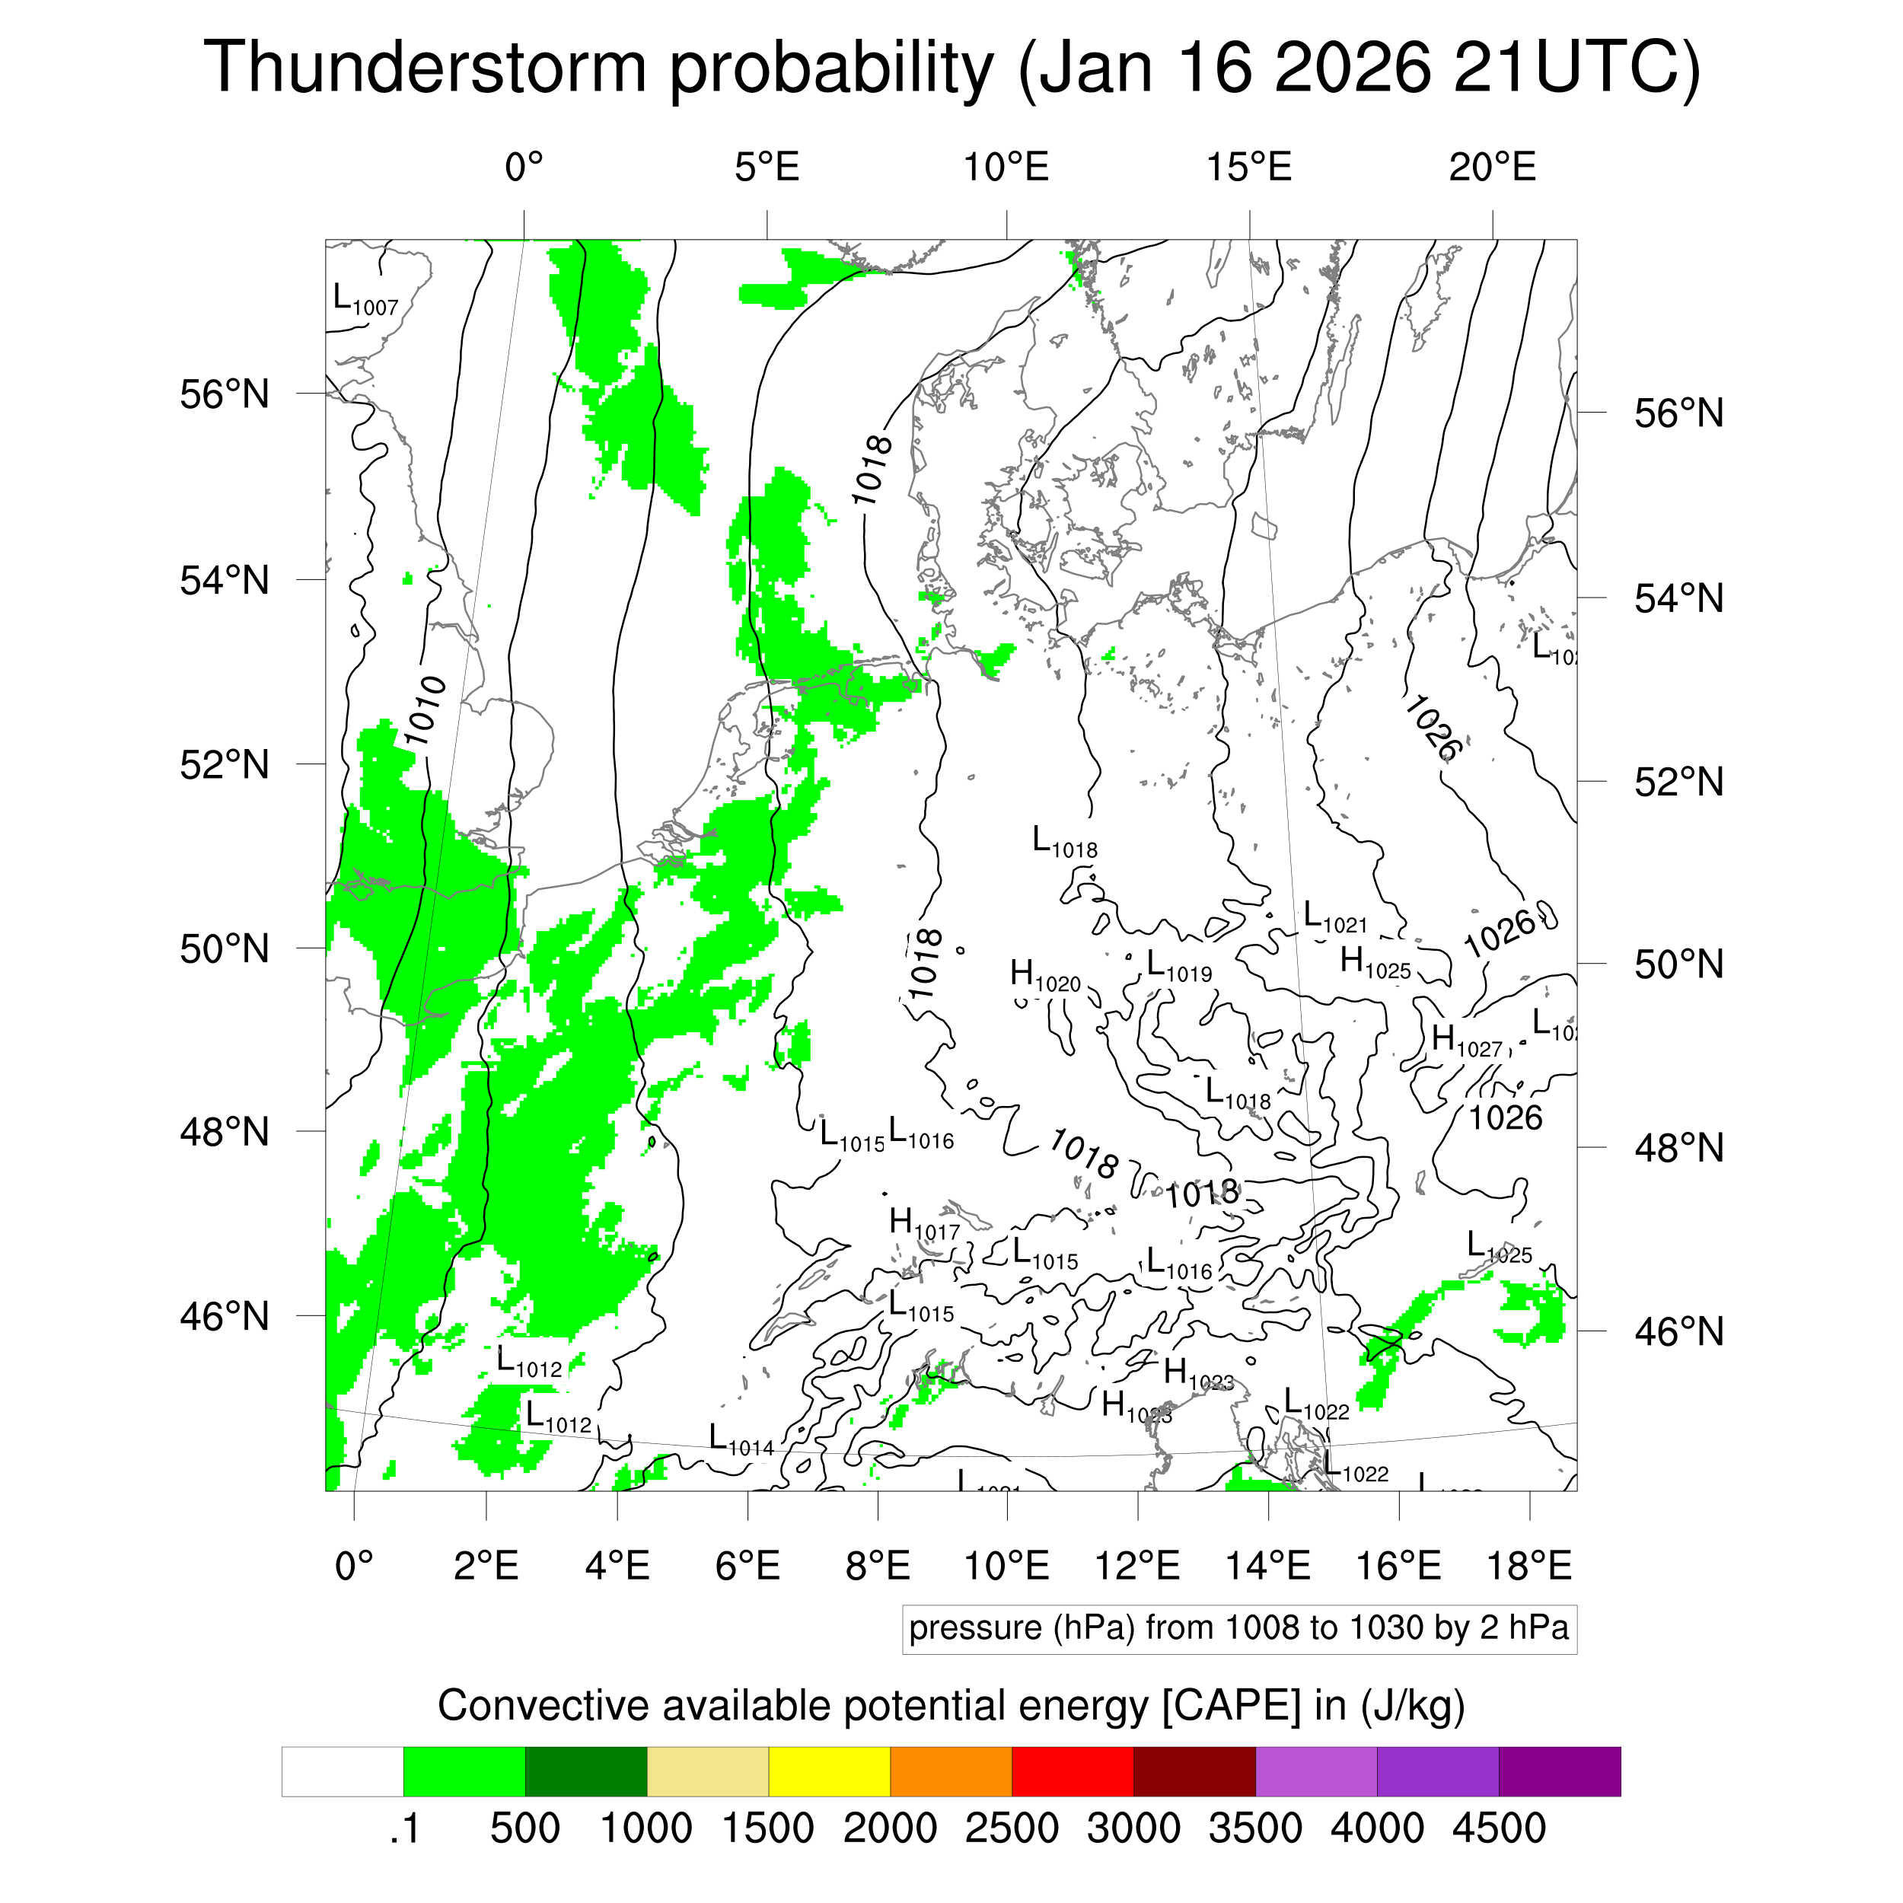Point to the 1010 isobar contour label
tap(425, 711)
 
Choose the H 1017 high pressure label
tap(923, 1224)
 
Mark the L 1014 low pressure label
tap(741, 1440)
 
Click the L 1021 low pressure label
tap(1334, 917)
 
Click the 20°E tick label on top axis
tap(1492, 167)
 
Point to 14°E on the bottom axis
tap(1267, 1565)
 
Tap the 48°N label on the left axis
tap(225, 1132)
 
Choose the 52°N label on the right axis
tap(1678, 783)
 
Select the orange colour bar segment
tap(951, 1772)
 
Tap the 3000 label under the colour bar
tap(1133, 1828)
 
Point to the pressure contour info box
tap(1238, 1628)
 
